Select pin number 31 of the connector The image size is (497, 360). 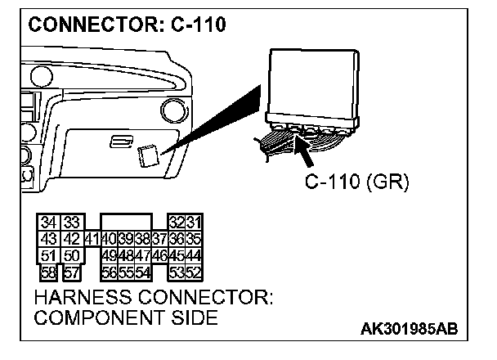[x=194, y=223]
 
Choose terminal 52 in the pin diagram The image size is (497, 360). [x=194, y=271]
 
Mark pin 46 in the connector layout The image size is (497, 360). [x=159, y=254]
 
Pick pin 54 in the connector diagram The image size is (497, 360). [x=142, y=271]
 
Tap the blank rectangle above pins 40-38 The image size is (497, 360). [x=125, y=223]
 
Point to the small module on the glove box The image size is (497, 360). [x=149, y=155]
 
